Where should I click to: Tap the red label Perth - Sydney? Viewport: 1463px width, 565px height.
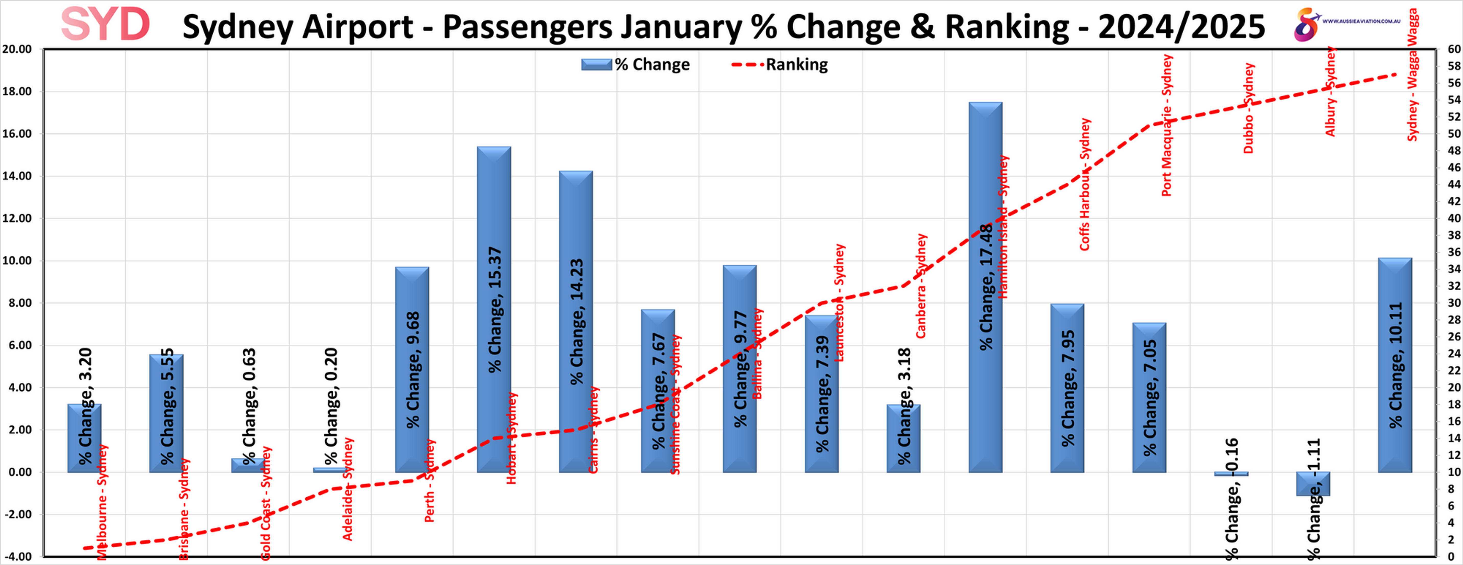(430, 480)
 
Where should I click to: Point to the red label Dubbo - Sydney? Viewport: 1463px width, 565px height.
(1248, 108)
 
